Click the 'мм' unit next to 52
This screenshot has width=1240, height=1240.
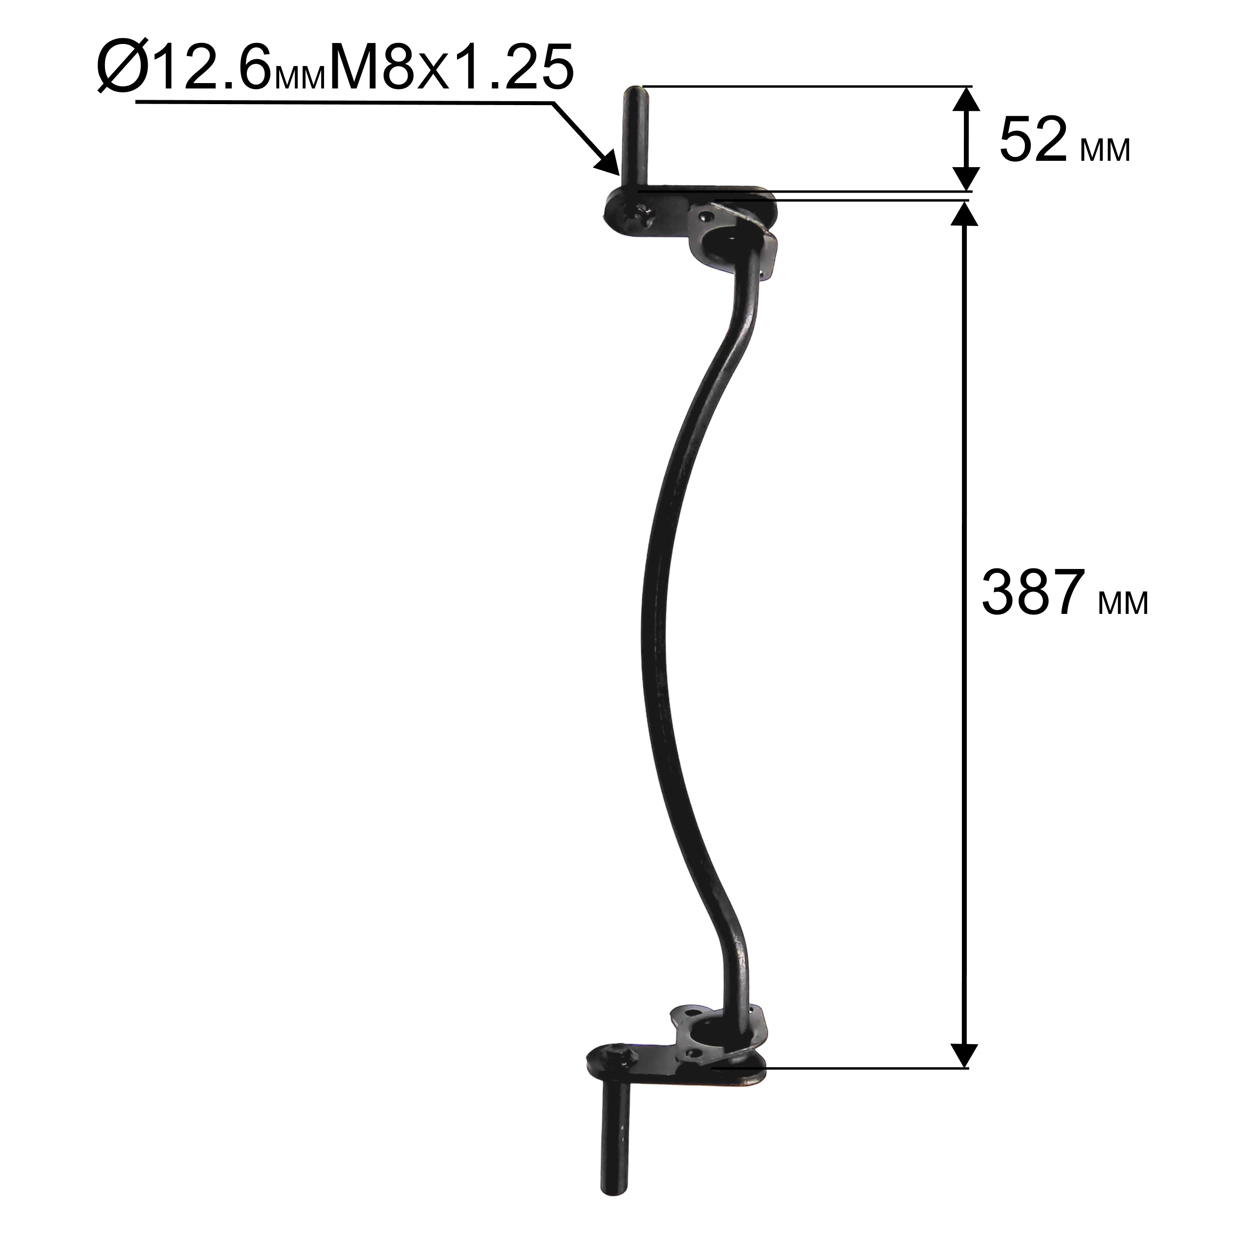1105,152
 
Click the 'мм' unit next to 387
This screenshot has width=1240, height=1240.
1123,604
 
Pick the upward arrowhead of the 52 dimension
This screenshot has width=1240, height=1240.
965,101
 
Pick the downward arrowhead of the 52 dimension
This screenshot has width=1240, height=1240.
965,176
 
